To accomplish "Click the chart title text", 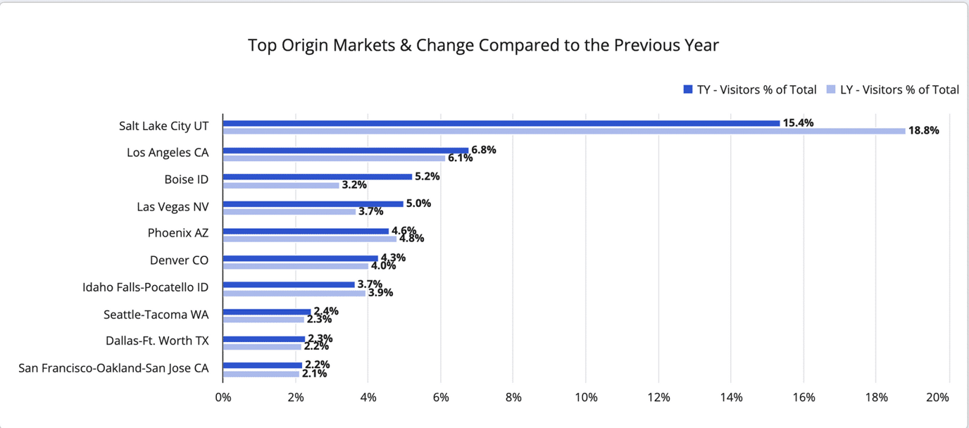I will coord(483,45).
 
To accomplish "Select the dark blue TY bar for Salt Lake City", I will coord(501,123).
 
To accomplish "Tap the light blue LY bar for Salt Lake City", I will coord(563,131).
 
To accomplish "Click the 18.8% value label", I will coord(923,130).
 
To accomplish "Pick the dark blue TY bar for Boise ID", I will coord(317,177).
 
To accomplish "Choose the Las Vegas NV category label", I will coord(173,206).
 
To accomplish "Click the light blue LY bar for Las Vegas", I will coord(289,211).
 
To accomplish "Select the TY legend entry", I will coord(750,89).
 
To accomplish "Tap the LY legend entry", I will coord(892,89).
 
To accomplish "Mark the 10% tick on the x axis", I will coord(586,397).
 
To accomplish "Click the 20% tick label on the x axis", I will coord(938,397).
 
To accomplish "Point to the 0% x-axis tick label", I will coord(223,397).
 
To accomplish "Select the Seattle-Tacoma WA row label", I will coord(156,314).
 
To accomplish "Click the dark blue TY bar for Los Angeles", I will coord(346,150).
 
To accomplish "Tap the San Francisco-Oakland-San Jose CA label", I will coord(113,367).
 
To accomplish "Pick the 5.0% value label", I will coord(418,203).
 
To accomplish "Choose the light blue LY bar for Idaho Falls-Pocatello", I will coord(294,293).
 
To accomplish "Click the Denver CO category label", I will coord(179,260).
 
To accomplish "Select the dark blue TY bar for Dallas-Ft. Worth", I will coord(264,339).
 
